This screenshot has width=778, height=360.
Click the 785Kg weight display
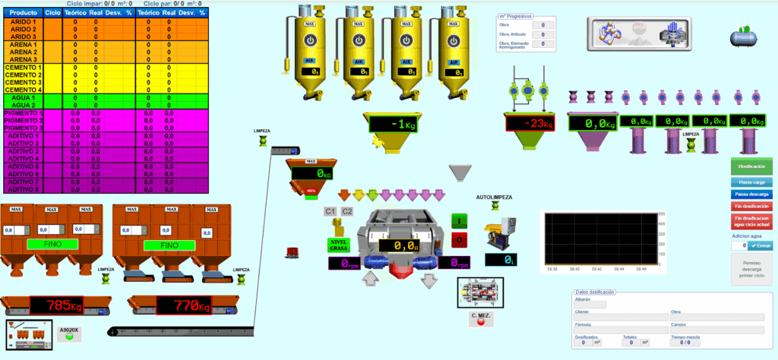pyautogui.click(x=57, y=305)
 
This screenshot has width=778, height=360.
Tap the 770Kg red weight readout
pyautogui.click(x=185, y=305)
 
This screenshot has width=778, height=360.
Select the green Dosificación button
pyautogui.click(x=751, y=166)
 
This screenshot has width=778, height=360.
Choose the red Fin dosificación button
pyautogui.click(x=751, y=205)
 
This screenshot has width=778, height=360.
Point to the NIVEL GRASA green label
pyautogui.click(x=338, y=245)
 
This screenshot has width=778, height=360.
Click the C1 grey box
pyautogui.click(x=330, y=211)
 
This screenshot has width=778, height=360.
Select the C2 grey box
pyautogui.click(x=346, y=211)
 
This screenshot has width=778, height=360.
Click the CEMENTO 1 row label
pyautogui.click(x=24, y=68)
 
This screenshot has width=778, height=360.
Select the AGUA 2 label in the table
pyautogui.click(x=24, y=105)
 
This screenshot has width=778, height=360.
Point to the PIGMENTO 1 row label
pyautogui.click(x=24, y=113)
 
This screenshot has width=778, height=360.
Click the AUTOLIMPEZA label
pyautogui.click(x=493, y=197)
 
